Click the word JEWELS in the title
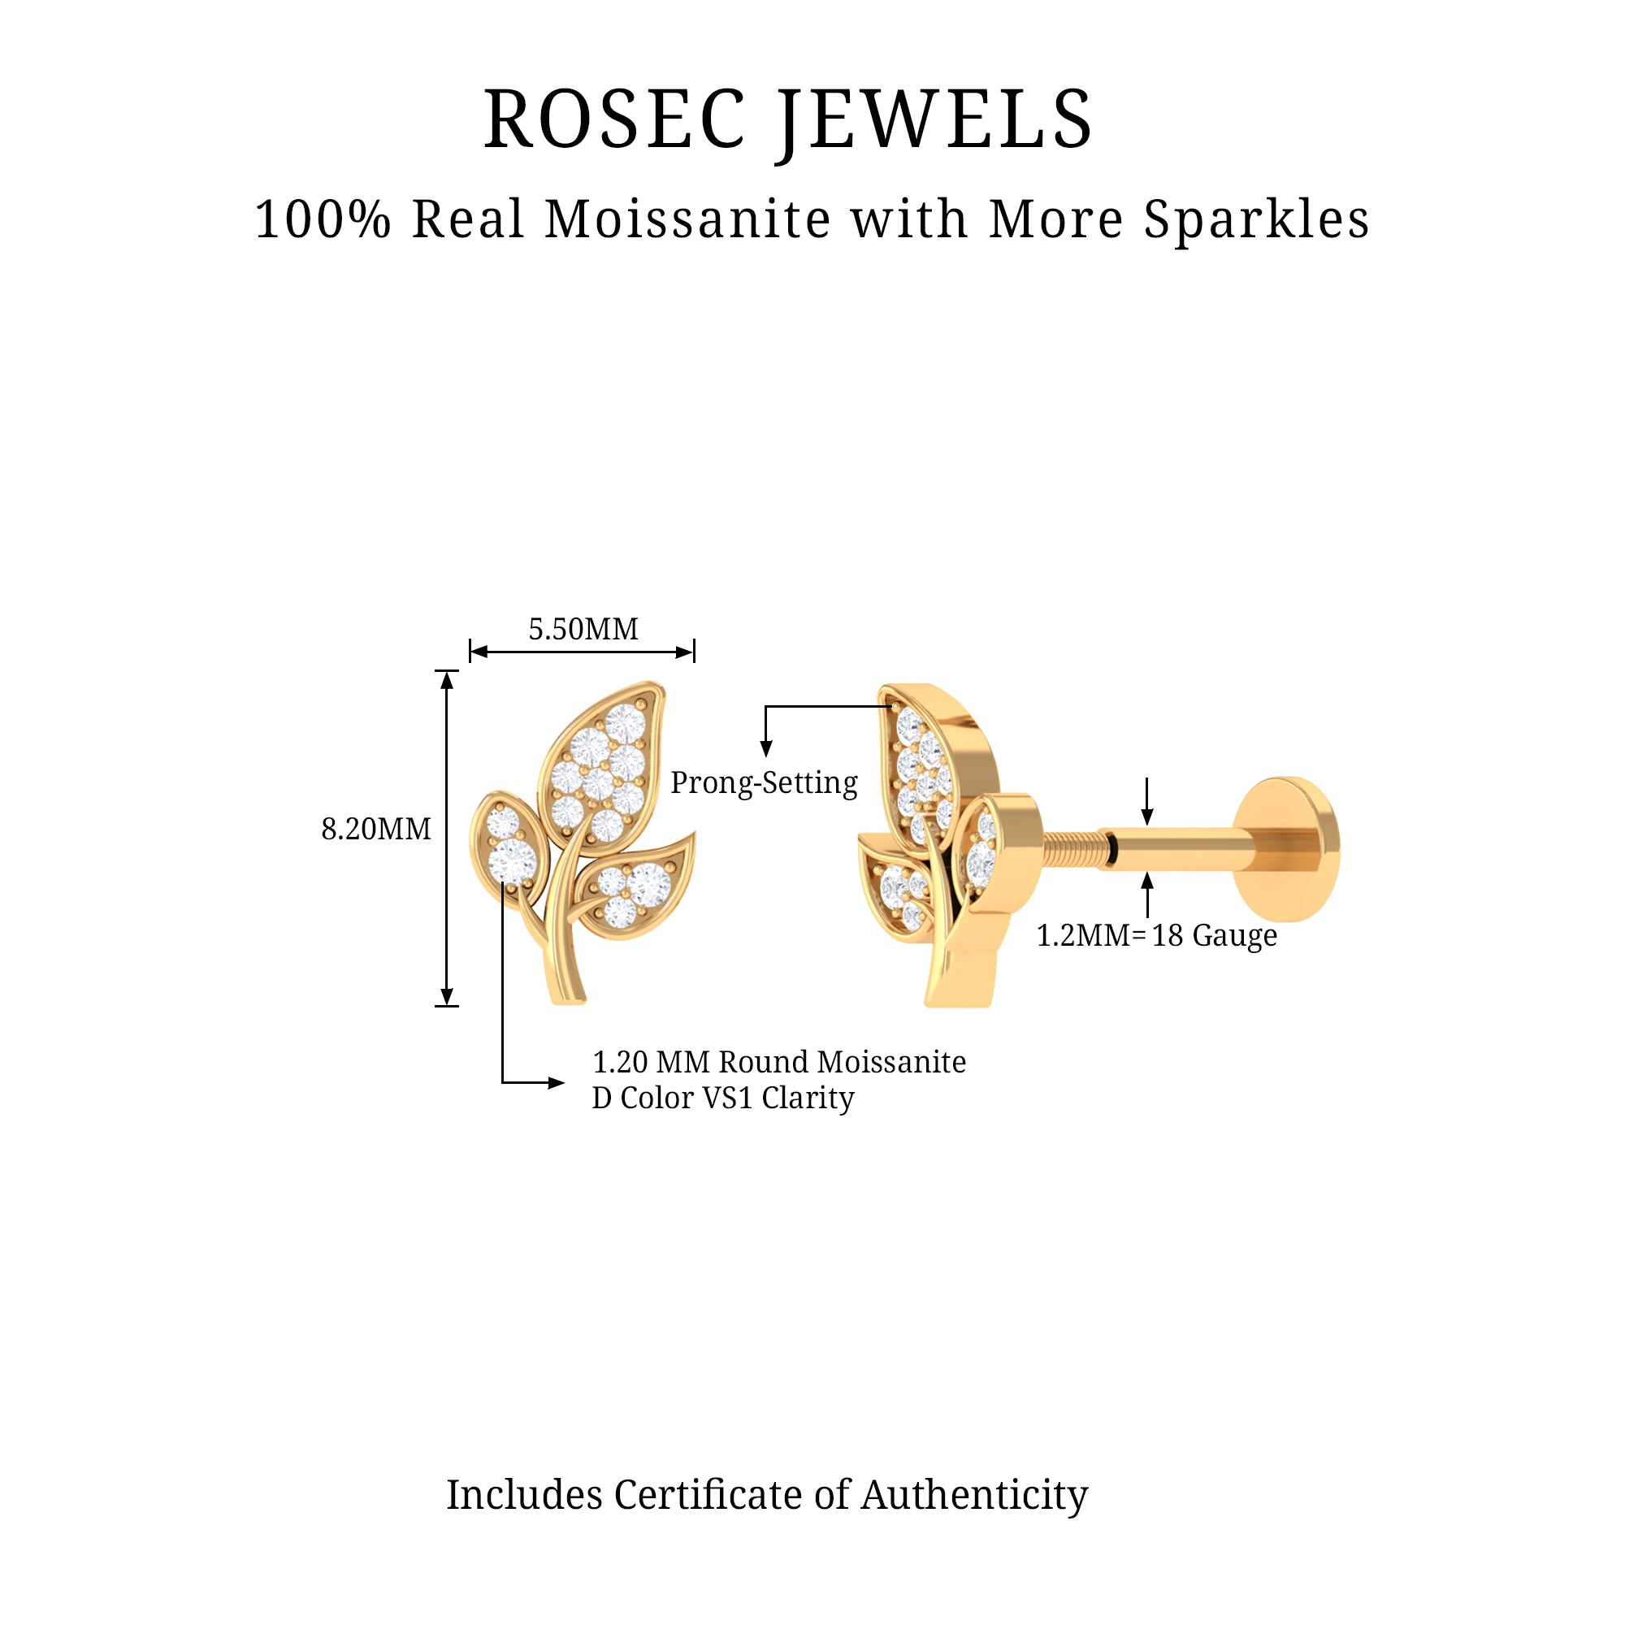934,123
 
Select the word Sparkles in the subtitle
1257,220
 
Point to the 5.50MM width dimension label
583,629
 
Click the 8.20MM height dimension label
376,830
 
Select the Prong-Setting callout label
764,783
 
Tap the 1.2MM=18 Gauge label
1156,935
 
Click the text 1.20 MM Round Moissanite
779,1061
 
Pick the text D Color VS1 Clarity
722,1098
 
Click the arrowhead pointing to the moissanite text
556,1082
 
